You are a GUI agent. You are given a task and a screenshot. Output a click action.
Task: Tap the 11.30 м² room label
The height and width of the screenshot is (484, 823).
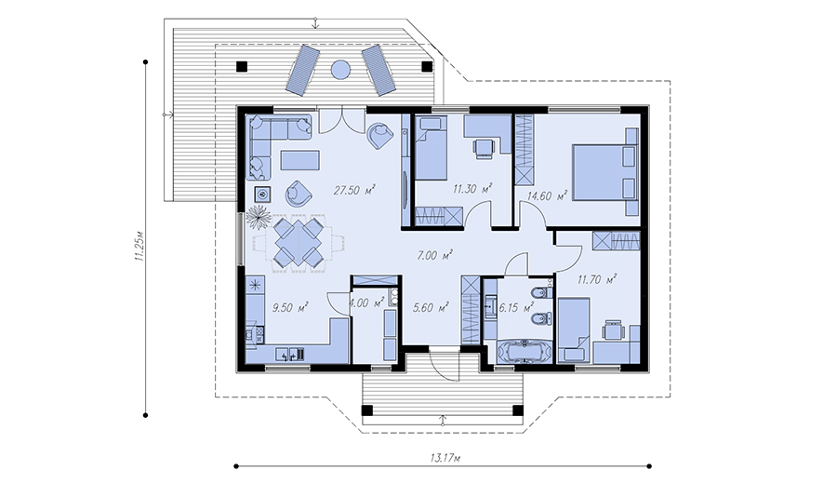pyautogui.click(x=472, y=189)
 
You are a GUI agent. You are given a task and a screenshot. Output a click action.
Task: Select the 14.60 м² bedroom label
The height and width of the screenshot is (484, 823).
pyautogui.click(x=548, y=196)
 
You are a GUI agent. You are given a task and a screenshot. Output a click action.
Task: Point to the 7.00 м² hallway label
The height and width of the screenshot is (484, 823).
pyautogui.click(x=434, y=255)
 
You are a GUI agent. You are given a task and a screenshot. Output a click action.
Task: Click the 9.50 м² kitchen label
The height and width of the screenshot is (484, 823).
pyautogui.click(x=290, y=307)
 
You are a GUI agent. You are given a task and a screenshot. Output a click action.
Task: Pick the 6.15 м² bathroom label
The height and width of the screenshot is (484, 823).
pyautogui.click(x=516, y=307)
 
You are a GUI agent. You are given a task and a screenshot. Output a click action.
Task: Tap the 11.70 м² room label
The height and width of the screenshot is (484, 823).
pyautogui.click(x=597, y=279)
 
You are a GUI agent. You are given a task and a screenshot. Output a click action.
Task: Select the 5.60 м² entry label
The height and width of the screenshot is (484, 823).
pyautogui.click(x=431, y=307)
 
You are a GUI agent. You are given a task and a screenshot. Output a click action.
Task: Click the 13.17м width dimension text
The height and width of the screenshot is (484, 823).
pyautogui.click(x=445, y=458)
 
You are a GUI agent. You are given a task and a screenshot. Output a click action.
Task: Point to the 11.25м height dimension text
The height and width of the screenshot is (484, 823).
pyautogui.click(x=139, y=246)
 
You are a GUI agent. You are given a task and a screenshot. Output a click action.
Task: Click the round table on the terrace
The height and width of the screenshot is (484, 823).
pyautogui.click(x=340, y=69)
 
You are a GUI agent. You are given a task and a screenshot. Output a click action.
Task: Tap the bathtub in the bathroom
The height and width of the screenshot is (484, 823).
pyautogui.click(x=524, y=351)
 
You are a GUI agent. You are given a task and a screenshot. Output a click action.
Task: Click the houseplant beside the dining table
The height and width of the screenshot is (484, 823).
pyautogui.click(x=258, y=217)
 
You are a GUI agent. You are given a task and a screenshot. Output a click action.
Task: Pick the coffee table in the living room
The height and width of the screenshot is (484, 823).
pyautogui.click(x=300, y=160)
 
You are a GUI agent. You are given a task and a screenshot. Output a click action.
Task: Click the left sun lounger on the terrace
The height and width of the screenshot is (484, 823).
pyautogui.click(x=302, y=71)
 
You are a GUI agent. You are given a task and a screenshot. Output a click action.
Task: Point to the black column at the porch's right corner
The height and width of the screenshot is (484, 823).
pyautogui.click(x=518, y=410)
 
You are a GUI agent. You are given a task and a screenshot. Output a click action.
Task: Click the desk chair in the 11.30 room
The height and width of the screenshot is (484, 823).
pyautogui.click(x=484, y=148)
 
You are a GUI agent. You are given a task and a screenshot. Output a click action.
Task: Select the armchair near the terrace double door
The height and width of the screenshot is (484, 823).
pyautogui.click(x=380, y=136)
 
